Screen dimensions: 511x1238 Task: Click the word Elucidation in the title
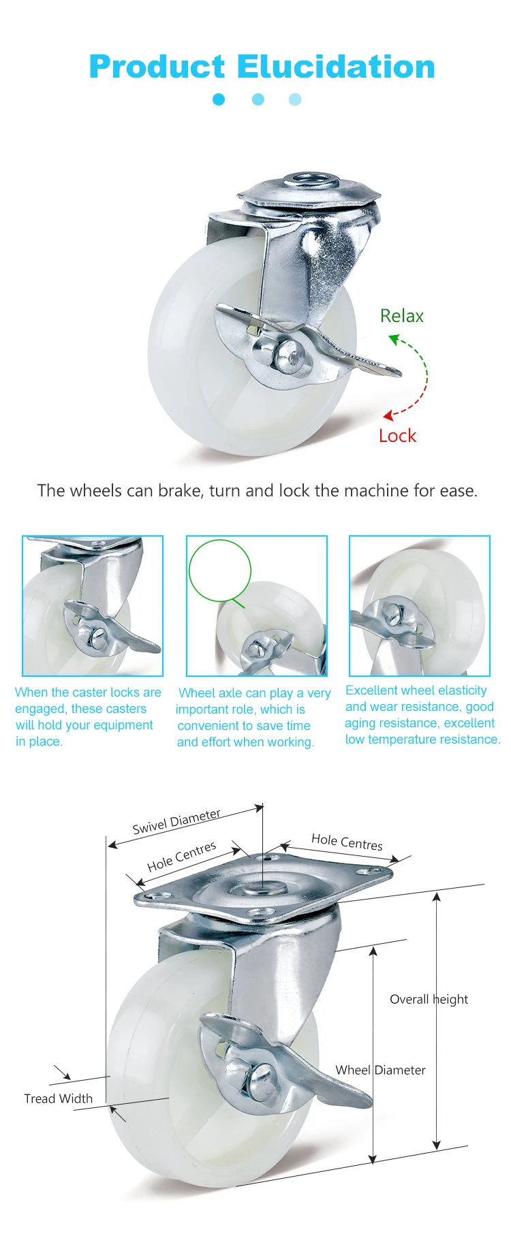[x=336, y=67]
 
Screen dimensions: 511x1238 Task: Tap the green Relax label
[x=402, y=316]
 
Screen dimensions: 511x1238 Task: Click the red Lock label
[x=397, y=436]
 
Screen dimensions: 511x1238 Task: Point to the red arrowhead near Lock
[x=388, y=415]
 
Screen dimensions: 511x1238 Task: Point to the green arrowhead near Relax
[x=394, y=338]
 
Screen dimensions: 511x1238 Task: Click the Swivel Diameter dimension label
[x=176, y=822]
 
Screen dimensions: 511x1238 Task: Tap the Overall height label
[x=429, y=999]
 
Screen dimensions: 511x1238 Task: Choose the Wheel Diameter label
[x=380, y=1070]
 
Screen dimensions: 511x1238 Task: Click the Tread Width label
[x=59, y=1098]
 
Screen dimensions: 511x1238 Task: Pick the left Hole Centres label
[x=182, y=857]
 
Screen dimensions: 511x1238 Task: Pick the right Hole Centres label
[x=347, y=842]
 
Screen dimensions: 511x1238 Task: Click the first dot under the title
[x=219, y=99]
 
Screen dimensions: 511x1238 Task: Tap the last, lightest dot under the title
[x=295, y=99]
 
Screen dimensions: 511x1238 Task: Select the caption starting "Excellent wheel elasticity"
[x=422, y=715]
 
